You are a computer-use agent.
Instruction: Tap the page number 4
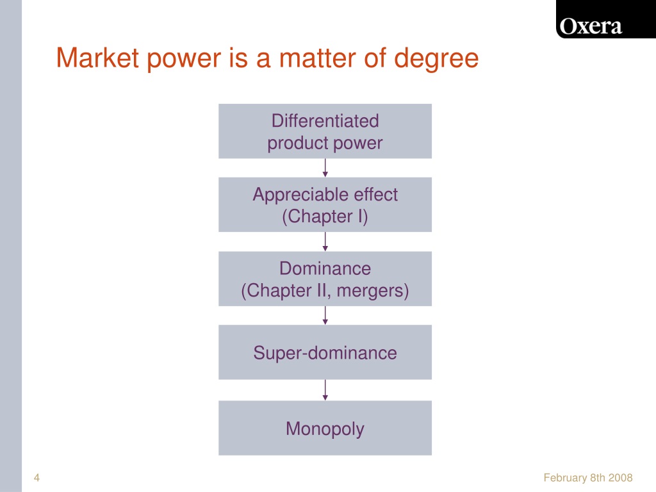click(x=37, y=477)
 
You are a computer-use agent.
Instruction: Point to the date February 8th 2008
click(x=588, y=477)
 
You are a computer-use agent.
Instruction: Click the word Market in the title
click(x=97, y=58)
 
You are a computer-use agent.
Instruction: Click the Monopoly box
click(x=325, y=427)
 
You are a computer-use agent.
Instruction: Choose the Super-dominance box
click(x=325, y=352)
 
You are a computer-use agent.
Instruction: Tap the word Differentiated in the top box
click(x=325, y=121)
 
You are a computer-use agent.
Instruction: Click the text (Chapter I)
click(x=325, y=217)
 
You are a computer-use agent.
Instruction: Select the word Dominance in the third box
click(x=325, y=268)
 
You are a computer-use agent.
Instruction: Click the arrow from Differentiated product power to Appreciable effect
click(x=325, y=168)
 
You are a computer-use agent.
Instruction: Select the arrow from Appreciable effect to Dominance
click(x=325, y=242)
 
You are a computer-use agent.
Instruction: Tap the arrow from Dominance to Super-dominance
click(x=325, y=315)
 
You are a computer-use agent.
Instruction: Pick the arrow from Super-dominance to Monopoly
click(x=325, y=390)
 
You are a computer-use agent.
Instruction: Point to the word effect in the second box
click(x=375, y=195)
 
